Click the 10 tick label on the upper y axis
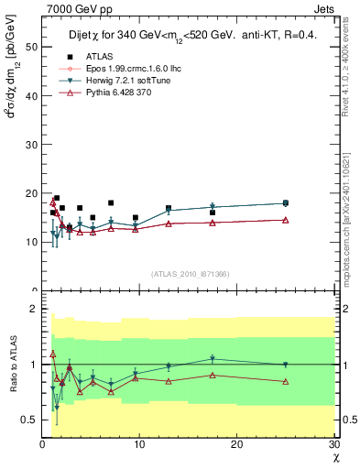tap(30, 242)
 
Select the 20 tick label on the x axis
tap(236, 444)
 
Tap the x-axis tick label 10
tap(139, 444)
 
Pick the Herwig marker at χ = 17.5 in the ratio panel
tap(213, 359)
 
